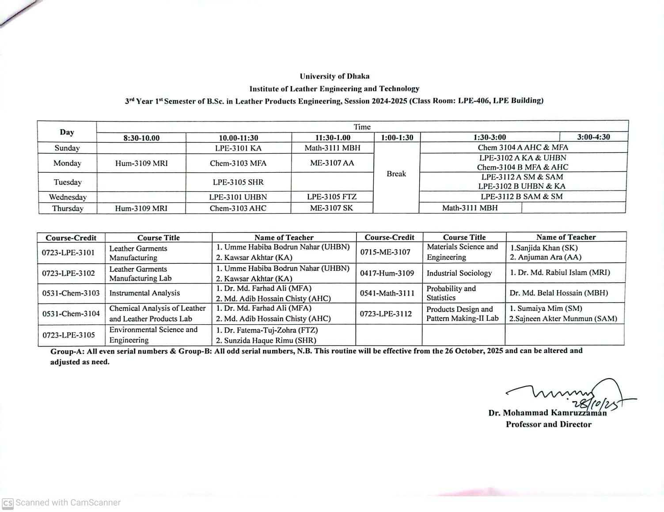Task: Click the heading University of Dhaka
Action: click(x=334, y=76)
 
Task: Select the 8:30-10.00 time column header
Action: click(x=141, y=138)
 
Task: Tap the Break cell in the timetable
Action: click(x=396, y=174)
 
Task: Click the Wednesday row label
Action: click(x=68, y=197)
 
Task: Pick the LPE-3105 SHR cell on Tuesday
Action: click(x=238, y=182)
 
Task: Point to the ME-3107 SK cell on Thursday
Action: click(x=331, y=208)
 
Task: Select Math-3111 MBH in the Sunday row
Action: click(x=332, y=148)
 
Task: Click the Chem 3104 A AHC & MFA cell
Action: click(x=523, y=148)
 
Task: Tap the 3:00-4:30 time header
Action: click(x=593, y=137)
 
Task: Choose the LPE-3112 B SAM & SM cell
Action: click(x=522, y=197)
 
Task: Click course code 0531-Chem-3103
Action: click(x=71, y=293)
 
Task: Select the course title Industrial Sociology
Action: click(x=459, y=273)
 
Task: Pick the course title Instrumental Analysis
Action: click(x=144, y=293)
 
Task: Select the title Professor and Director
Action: click(x=548, y=424)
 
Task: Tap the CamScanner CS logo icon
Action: click(x=8, y=503)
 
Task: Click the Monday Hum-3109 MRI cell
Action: click(x=141, y=163)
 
